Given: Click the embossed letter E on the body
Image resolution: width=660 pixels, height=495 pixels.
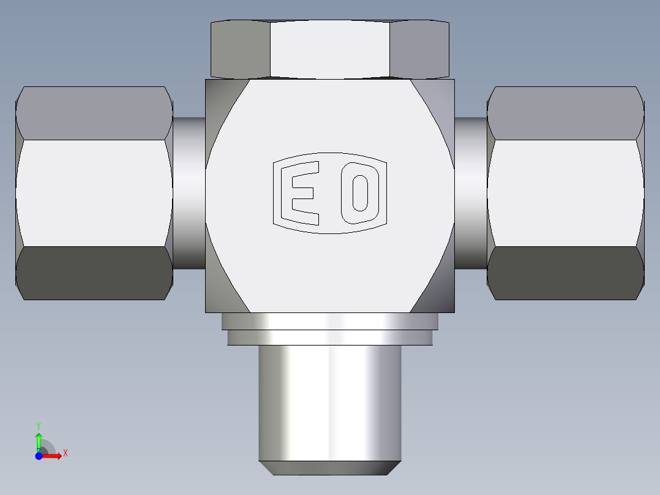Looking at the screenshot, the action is (300, 193).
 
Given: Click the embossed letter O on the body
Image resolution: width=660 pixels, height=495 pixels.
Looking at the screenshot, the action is (360, 193).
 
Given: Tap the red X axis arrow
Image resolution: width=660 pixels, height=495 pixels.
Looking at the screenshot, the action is (52, 456).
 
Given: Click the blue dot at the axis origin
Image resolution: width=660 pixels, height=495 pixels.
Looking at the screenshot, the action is (39, 456).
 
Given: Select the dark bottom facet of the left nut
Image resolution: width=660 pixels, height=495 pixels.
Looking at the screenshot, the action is (94, 273).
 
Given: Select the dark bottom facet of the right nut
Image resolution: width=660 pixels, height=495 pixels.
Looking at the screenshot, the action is (566, 273).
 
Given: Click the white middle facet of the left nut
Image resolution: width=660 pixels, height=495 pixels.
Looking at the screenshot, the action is (94, 193).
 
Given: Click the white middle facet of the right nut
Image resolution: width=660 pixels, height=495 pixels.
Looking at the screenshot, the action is (566, 193).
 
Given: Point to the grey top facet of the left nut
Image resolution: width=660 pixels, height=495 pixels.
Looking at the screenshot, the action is (94, 113).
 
